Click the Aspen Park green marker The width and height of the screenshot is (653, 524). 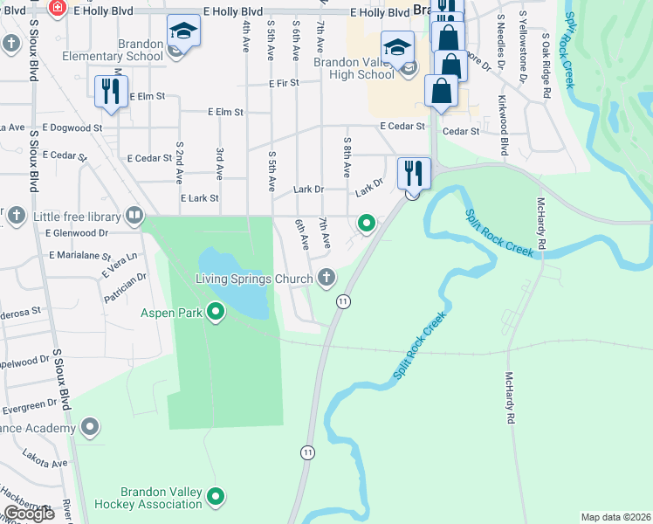(217, 312)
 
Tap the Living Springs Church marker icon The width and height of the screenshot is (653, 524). (327, 279)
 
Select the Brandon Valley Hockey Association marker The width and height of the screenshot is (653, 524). (217, 497)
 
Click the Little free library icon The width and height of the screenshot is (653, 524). (134, 215)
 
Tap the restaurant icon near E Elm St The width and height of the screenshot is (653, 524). (111, 91)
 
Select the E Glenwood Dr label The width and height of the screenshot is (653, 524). (78, 233)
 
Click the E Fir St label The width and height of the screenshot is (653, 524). (285, 83)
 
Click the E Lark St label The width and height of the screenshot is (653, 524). (199, 199)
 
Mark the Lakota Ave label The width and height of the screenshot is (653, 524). (46, 463)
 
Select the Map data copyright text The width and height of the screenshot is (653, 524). (616, 517)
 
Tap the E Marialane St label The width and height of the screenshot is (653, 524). (79, 255)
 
